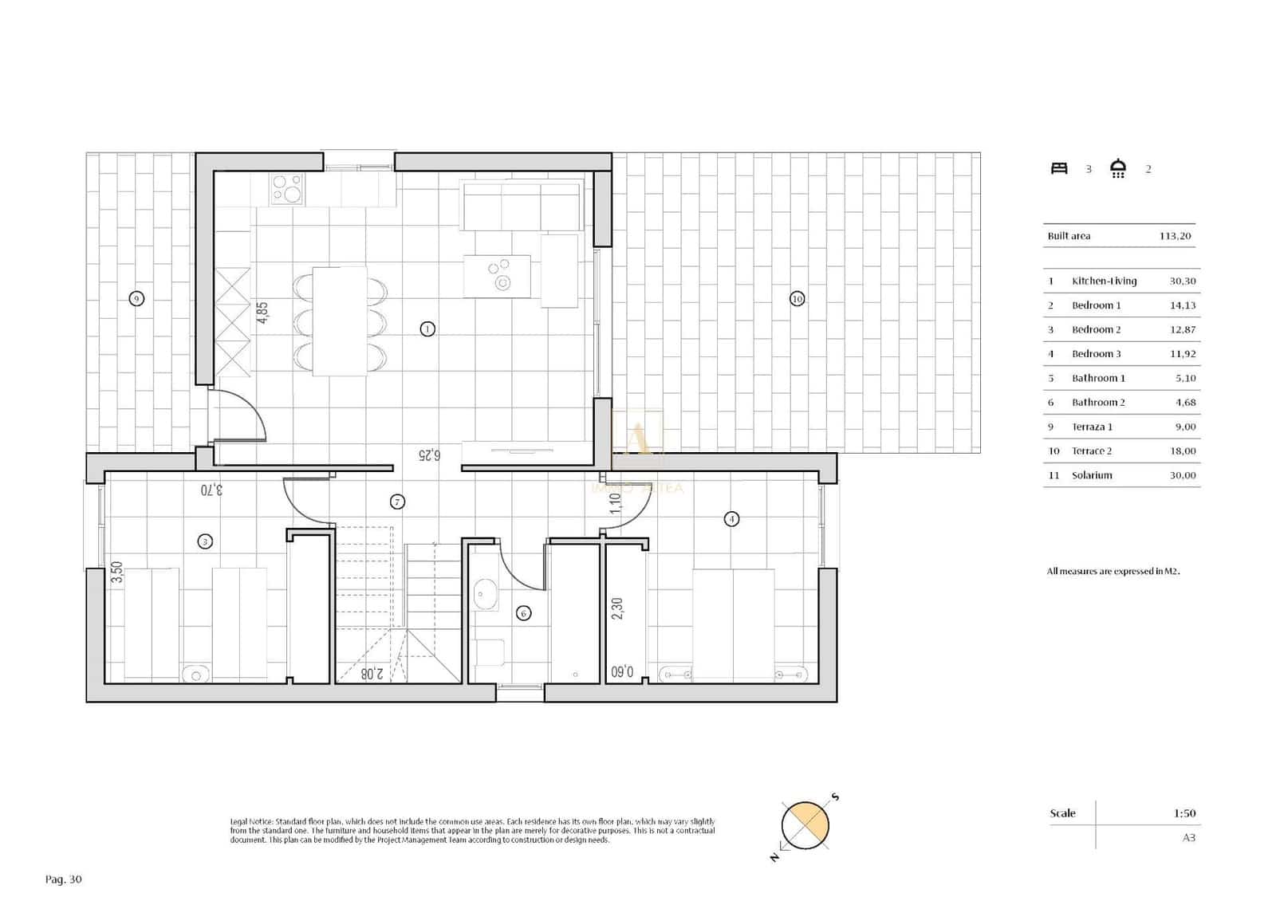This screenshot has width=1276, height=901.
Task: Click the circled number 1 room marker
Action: pyautogui.click(x=427, y=329)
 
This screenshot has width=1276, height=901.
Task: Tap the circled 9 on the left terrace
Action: pyautogui.click(x=136, y=299)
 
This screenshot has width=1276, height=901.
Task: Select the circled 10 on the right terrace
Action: pyautogui.click(x=797, y=299)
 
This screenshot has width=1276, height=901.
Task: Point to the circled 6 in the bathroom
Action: pyautogui.click(x=523, y=613)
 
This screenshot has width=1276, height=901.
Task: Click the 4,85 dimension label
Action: pyautogui.click(x=262, y=313)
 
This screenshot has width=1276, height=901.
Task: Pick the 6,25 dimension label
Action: pyautogui.click(x=429, y=455)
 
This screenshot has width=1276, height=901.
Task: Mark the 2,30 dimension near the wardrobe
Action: pyautogui.click(x=617, y=608)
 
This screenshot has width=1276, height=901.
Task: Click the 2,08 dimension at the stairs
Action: pyautogui.click(x=372, y=674)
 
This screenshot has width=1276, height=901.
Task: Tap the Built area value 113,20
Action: pyautogui.click(x=1175, y=236)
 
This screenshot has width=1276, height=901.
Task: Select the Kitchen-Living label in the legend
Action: pyautogui.click(x=1104, y=281)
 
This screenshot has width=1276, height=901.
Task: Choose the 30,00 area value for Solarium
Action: pyautogui.click(x=1183, y=475)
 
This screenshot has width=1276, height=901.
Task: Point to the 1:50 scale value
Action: pyautogui.click(x=1184, y=813)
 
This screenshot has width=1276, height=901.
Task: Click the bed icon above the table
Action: pyautogui.click(x=1059, y=168)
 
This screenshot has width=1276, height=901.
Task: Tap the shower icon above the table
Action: pyautogui.click(x=1118, y=168)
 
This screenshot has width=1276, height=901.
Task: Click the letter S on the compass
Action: pyautogui.click(x=835, y=797)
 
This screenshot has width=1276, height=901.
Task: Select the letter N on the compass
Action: pyautogui.click(x=774, y=857)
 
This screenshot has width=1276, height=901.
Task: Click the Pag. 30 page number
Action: pyautogui.click(x=64, y=879)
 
